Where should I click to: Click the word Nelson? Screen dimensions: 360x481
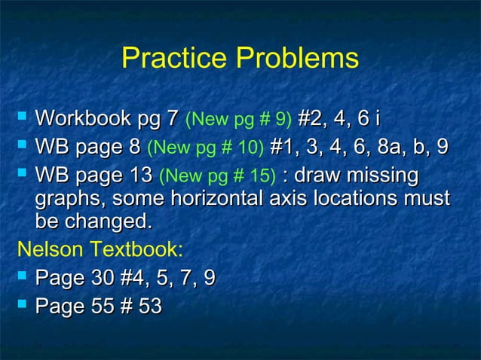(x=51, y=249)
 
